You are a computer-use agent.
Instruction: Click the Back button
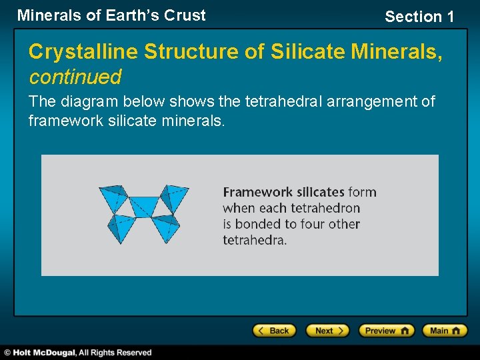coord(274,331)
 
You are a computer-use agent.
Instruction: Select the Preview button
coord(386,331)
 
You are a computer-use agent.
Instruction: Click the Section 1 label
coord(419,17)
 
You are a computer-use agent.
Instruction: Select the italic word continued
coord(75,77)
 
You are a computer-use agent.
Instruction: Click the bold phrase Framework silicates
coord(283,192)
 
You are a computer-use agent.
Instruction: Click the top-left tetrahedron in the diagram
coord(113,199)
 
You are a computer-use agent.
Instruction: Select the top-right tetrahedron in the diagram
coord(174,199)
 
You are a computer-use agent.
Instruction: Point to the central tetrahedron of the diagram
coord(143,206)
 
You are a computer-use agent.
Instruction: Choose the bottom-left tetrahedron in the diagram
coord(123,227)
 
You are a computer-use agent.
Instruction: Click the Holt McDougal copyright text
coord(78,353)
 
